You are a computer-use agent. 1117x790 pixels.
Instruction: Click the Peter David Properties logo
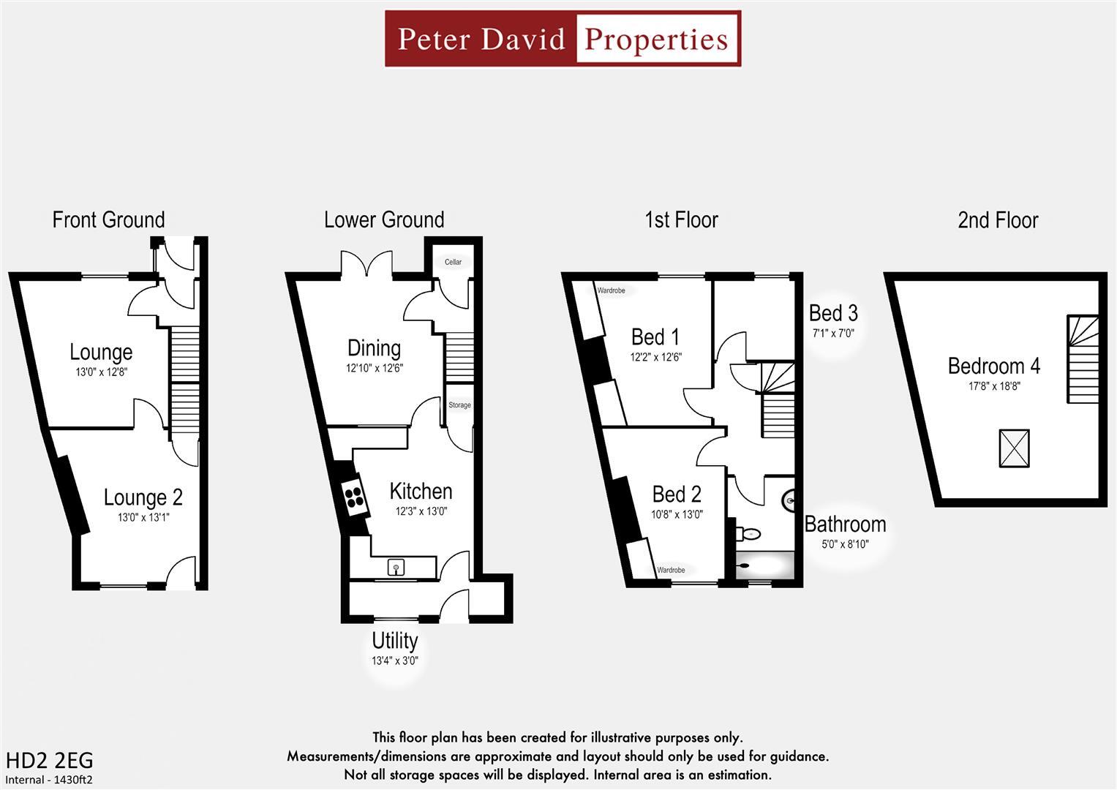point(563,39)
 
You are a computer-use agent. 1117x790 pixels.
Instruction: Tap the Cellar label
point(453,262)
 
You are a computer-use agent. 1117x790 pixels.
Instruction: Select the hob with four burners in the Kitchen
point(356,497)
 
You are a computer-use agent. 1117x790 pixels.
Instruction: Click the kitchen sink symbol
point(396,566)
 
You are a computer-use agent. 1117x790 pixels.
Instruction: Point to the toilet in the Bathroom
point(748,533)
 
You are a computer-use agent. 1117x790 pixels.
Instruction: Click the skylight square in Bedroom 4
point(1014,448)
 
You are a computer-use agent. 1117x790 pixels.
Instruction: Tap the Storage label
point(459,405)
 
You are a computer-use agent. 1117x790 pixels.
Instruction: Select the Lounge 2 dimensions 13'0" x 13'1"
point(143,517)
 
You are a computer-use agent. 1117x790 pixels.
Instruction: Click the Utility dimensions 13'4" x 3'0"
point(394,661)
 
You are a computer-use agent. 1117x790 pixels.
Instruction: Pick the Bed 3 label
point(833,314)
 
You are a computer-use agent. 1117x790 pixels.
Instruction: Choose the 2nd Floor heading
point(998,220)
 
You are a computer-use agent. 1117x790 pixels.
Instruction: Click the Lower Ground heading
point(384,220)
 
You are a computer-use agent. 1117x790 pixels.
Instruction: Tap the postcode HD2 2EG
point(49,760)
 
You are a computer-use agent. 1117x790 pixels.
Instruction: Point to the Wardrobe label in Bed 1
point(611,290)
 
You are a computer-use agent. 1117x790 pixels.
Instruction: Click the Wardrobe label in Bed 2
point(671,570)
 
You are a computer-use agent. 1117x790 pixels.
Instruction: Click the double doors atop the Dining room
point(366,264)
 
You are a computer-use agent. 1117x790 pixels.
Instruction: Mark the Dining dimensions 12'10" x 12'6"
point(375,369)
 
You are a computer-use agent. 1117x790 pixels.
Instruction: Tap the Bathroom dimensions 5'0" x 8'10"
point(845,544)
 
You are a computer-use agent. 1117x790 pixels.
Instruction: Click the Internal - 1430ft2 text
point(49,780)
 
